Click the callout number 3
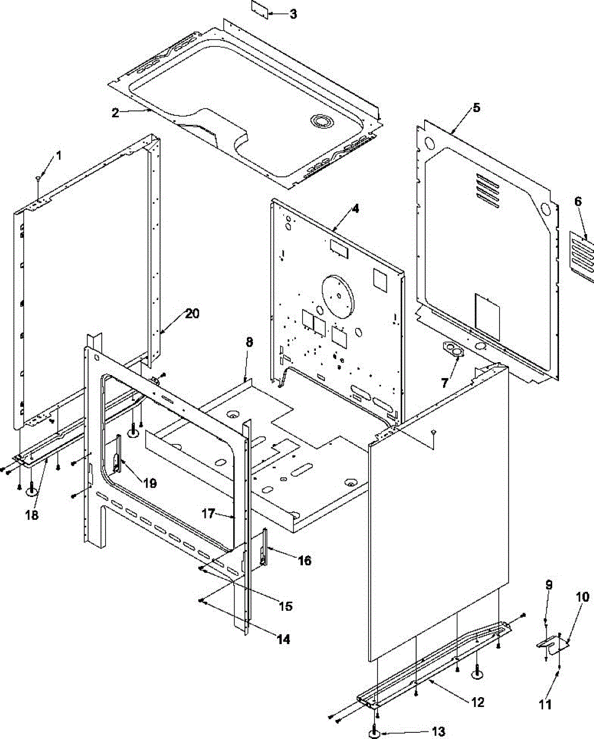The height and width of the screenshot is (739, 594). point(293,14)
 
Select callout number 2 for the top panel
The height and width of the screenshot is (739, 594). point(115,111)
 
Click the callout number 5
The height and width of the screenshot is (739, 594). point(476,108)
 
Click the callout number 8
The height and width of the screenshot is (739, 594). point(249,344)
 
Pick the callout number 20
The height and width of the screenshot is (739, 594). point(192,313)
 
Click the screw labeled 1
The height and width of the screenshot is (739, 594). point(39,177)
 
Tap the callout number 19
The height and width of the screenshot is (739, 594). point(149,483)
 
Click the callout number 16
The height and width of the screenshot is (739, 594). point(304,560)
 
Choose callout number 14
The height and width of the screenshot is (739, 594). point(283,639)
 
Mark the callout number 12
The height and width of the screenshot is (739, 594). point(477,702)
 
